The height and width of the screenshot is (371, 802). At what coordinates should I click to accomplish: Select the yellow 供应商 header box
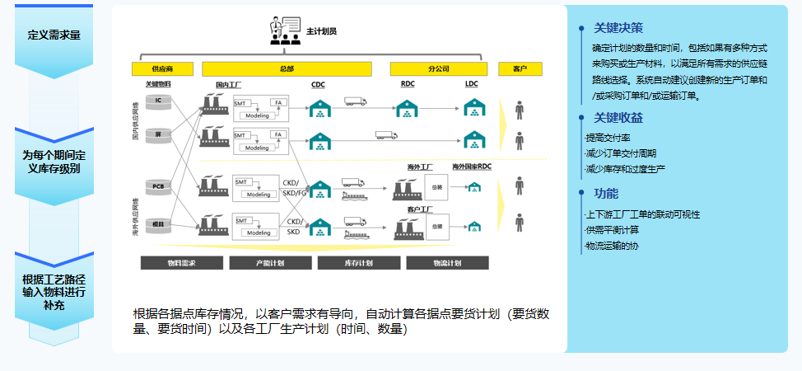click(161, 68)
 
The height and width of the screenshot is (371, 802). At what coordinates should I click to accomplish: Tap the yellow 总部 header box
click(287, 68)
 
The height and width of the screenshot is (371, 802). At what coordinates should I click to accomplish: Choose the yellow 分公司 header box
click(437, 68)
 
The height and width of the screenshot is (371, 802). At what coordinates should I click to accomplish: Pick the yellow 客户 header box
click(520, 68)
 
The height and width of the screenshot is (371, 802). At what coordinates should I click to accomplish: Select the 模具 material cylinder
click(156, 223)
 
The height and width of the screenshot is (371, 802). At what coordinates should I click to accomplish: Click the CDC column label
click(319, 84)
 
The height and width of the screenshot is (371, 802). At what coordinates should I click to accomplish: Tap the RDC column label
click(408, 84)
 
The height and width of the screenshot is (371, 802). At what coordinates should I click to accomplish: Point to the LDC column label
click(472, 84)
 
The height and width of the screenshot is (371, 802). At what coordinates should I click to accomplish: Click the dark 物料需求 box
click(181, 263)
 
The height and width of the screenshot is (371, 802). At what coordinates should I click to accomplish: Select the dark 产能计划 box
click(269, 263)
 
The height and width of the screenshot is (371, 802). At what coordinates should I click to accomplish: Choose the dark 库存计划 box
click(357, 263)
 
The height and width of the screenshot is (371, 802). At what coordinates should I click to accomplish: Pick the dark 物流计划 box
click(446, 263)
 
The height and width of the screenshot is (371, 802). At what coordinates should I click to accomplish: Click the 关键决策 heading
click(618, 28)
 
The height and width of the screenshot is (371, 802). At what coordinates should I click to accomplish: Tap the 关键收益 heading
click(618, 118)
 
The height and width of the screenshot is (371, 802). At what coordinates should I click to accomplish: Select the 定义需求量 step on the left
click(54, 35)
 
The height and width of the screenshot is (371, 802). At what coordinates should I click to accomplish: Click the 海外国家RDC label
click(471, 167)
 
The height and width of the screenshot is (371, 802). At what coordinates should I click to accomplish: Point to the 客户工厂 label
click(421, 209)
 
